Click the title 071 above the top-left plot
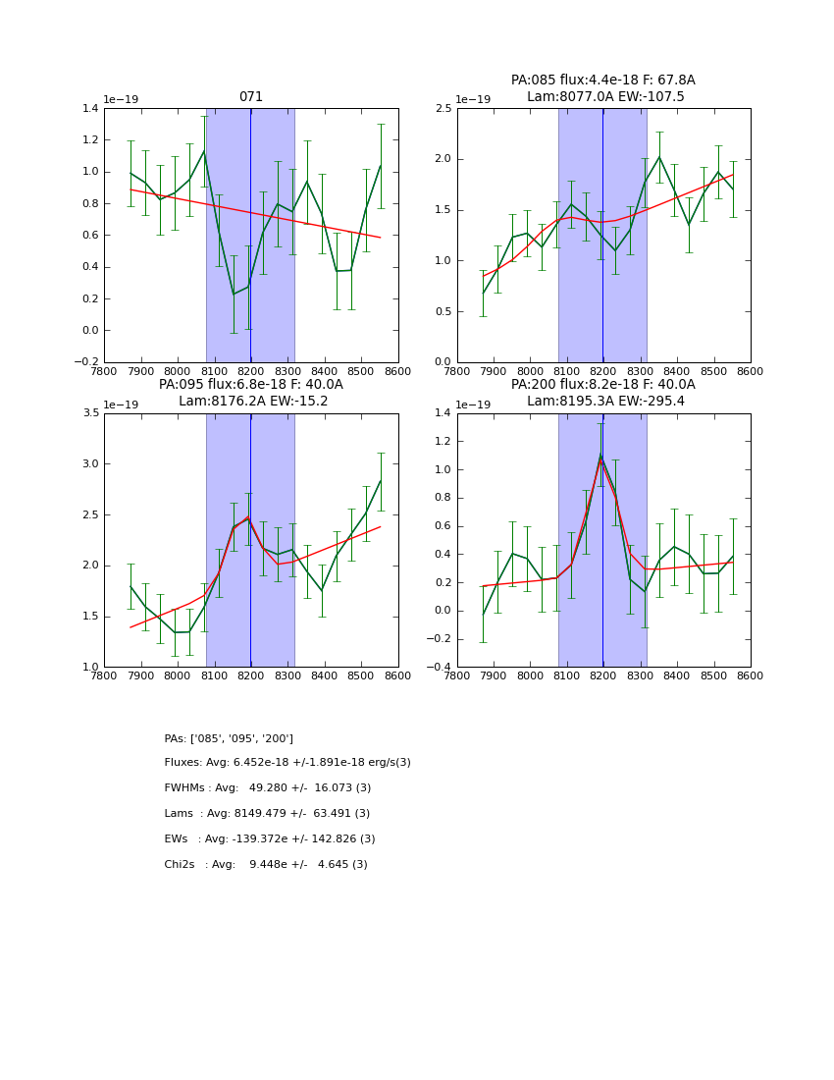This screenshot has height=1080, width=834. pos(251,97)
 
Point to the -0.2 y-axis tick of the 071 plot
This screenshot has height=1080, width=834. pos(86,362)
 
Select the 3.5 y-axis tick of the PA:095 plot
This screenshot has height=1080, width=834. pos(90,413)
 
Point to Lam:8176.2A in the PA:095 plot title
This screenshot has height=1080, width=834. pos(214,402)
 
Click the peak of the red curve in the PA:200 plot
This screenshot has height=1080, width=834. pos(601,458)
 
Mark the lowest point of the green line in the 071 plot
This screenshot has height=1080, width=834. pos(234,294)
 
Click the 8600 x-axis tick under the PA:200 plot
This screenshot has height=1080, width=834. pos(750,676)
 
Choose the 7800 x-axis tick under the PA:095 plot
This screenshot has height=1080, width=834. pos(104,676)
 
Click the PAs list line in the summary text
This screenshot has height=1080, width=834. pos(229,738)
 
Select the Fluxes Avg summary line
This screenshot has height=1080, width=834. pos(287,763)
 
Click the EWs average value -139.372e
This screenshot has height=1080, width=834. pos(275,839)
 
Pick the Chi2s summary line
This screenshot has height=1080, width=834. pos(266,865)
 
